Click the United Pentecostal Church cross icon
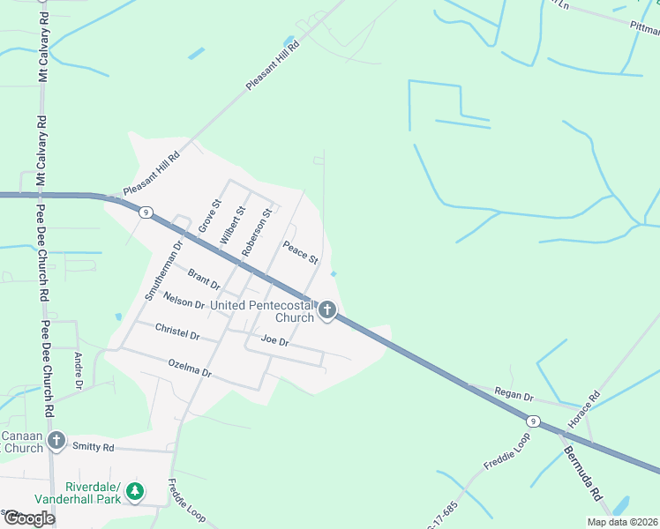click(x=327, y=309)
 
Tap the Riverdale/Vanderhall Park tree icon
click(x=134, y=491)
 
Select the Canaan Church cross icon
click(x=56, y=440)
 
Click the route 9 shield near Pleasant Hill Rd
click(x=146, y=212)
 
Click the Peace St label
click(x=300, y=252)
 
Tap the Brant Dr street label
click(x=203, y=280)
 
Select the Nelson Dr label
click(x=184, y=302)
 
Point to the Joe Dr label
click(x=274, y=340)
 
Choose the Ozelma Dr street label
click(x=189, y=368)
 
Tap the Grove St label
click(x=208, y=214)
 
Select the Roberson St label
click(x=256, y=232)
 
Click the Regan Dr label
click(x=515, y=392)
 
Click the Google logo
click(x=29, y=518)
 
